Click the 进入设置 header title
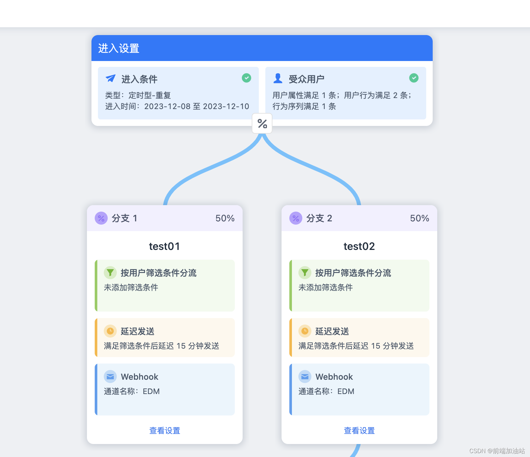pyautogui.click(x=119, y=48)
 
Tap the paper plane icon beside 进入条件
pyautogui.click(x=111, y=79)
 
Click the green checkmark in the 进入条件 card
pyautogui.click(x=247, y=78)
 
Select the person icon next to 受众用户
pyautogui.click(x=278, y=78)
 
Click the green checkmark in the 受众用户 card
pyautogui.click(x=414, y=78)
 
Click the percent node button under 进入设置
pyautogui.click(x=262, y=124)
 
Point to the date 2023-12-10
pyautogui.click(x=226, y=106)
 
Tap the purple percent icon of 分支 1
pyautogui.click(x=101, y=218)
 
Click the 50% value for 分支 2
pyautogui.click(x=419, y=218)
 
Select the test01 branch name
pyautogui.click(x=164, y=246)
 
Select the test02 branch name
pyautogui.click(x=359, y=246)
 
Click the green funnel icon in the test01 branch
pyautogui.click(x=110, y=273)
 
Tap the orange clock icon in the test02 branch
pyautogui.click(x=305, y=331)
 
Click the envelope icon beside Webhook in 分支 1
pyautogui.click(x=110, y=377)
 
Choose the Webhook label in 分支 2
pyautogui.click(x=334, y=377)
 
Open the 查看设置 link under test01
pyautogui.click(x=164, y=431)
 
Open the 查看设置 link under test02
pyautogui.click(x=359, y=431)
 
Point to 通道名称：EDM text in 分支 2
pyautogui.click(x=326, y=391)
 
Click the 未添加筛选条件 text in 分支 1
pyautogui.click(x=131, y=288)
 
